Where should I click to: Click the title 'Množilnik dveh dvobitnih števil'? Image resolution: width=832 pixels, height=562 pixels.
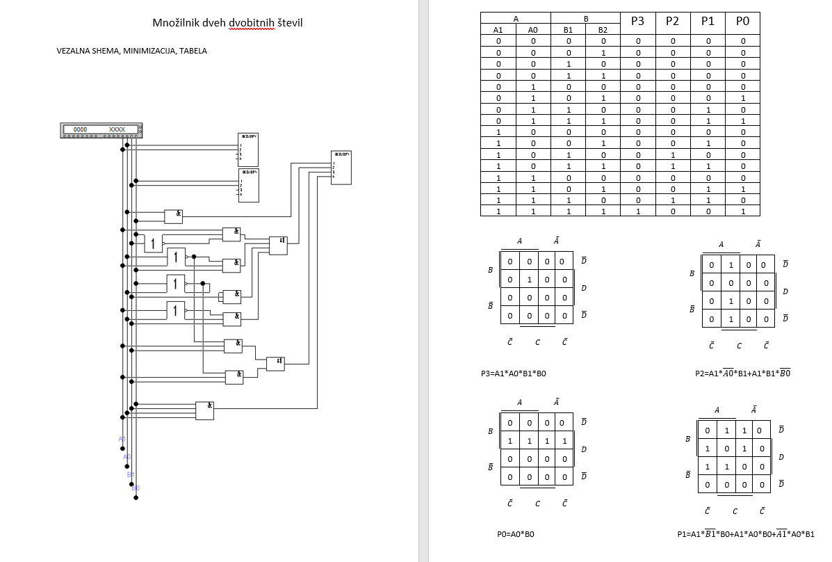pos(227,24)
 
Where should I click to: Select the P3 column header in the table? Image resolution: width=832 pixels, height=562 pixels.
pos(637,22)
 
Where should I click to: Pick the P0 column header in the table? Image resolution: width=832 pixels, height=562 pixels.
pos(742,22)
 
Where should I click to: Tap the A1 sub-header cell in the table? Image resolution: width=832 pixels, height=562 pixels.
pos(498,30)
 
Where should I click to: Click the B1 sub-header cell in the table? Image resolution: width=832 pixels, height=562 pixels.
pos(569,30)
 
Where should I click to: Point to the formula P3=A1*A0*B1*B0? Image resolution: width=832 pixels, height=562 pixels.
pos(513,374)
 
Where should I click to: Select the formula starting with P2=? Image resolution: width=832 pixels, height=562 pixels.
pos(742,374)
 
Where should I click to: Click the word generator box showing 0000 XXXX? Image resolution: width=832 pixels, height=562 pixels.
pos(101,129)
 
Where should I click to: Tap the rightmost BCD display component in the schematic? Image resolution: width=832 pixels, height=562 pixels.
pos(341,167)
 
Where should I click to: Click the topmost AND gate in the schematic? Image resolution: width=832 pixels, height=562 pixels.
pos(173,216)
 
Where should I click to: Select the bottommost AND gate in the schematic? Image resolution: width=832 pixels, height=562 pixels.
pos(204,410)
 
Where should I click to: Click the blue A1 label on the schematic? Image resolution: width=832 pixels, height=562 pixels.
pos(122,439)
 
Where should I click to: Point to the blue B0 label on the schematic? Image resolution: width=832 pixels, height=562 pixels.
pos(136,488)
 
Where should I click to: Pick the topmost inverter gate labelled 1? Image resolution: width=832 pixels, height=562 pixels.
pos(153,243)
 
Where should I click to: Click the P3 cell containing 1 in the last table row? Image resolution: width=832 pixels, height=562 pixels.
pos(637,211)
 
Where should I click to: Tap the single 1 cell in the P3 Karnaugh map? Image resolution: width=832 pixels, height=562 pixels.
pos(528,280)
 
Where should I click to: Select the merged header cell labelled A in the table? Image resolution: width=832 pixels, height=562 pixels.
pos(516,19)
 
